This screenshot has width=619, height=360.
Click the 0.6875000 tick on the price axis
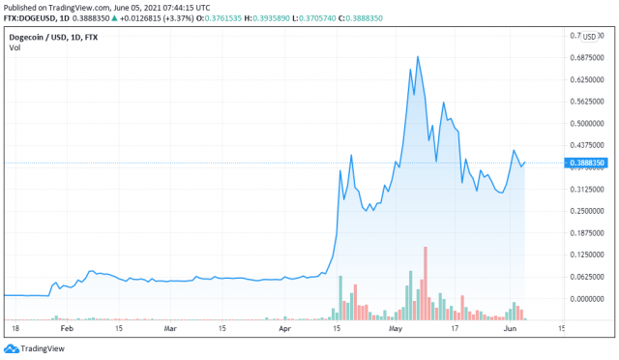click(585, 58)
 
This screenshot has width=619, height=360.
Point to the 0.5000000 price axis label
click(585, 123)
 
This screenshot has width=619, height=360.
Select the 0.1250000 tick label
click(585, 255)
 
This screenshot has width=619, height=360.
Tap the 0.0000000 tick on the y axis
click(585, 298)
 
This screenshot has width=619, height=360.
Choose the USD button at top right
click(588, 37)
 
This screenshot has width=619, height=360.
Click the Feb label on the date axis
click(65, 329)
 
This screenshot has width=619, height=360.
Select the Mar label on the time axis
click(170, 329)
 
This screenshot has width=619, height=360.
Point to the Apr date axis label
click(285, 329)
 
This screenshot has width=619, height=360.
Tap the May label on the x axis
click(396, 329)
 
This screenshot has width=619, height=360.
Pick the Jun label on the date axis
click(509, 329)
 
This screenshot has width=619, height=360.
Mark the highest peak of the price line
click(418, 57)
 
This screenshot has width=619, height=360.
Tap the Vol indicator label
click(15, 48)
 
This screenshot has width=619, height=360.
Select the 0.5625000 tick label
click(585, 102)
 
